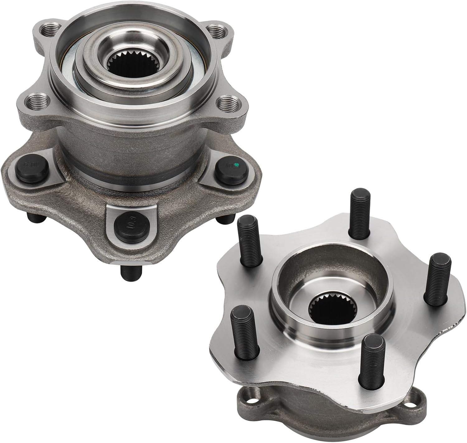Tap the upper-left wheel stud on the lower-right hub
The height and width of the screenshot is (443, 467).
click(249, 240)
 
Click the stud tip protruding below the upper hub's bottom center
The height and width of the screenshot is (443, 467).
click(131, 272)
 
